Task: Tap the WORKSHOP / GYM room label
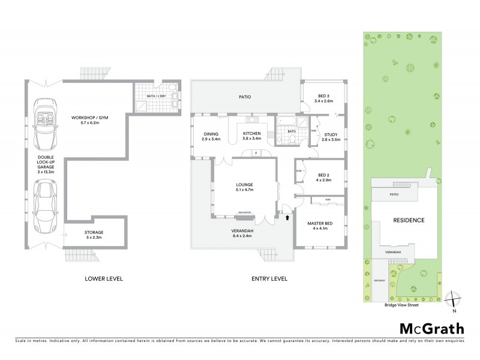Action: click(88, 120)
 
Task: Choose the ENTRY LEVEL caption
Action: click(269, 278)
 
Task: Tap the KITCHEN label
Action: click(251, 136)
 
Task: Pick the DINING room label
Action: click(211, 136)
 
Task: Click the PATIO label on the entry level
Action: click(245, 97)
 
